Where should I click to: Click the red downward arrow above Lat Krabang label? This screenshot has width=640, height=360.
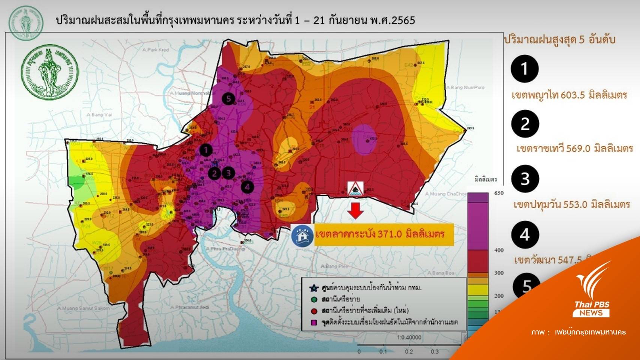coord(355,211)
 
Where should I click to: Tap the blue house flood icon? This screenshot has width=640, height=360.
coord(302,235)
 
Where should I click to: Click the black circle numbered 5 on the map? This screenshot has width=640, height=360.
coord(228,99)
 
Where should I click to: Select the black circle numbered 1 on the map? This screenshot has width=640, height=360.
coord(205,150)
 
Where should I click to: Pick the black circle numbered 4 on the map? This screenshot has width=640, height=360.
coord(247,186)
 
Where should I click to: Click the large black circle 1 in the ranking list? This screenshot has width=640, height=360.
coord(525,69)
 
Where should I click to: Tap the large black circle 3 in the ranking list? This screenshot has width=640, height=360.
coord(525,179)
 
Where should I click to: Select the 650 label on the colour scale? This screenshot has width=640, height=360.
coord(499,193)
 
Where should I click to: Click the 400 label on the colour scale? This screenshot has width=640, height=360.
coord(499,250)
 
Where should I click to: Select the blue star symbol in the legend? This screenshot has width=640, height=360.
coord(314,288)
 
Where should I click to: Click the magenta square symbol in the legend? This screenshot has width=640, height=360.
coord(314,322)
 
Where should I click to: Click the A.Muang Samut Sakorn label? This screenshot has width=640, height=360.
coord(84,308)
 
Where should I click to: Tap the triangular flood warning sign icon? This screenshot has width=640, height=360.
coord(355,189)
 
